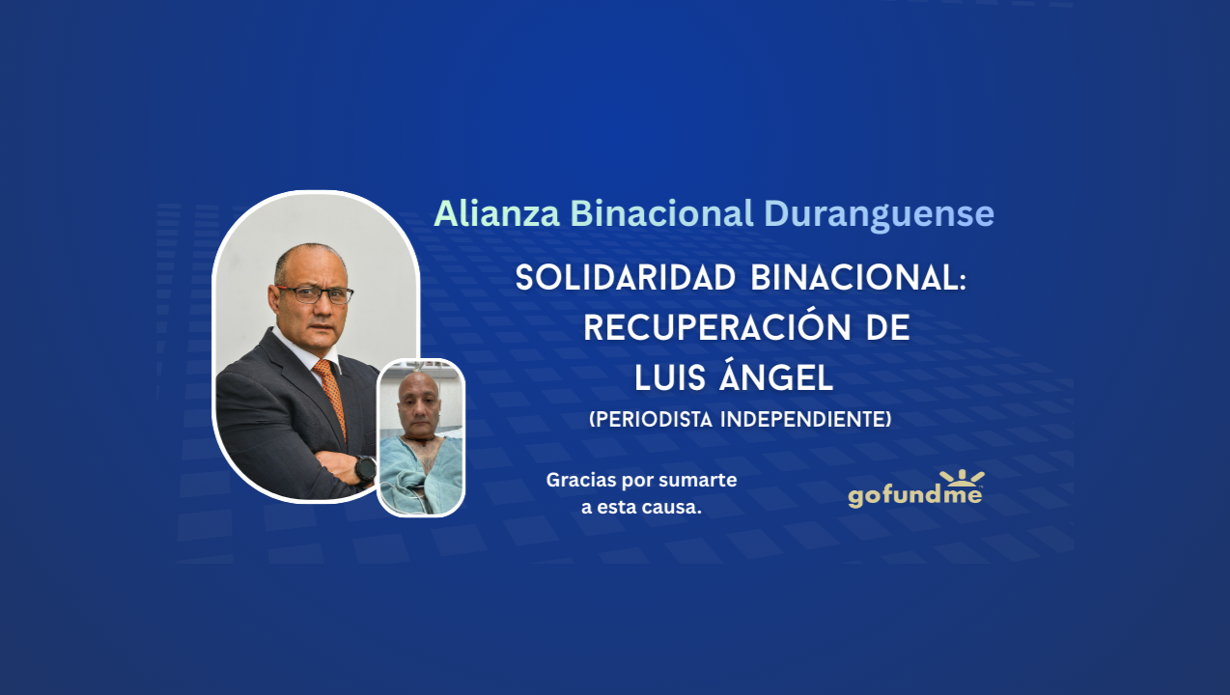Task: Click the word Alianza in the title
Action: point(496,213)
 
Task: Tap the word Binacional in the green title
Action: point(661,213)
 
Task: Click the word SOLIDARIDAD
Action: point(625,278)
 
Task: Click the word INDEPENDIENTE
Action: point(805,420)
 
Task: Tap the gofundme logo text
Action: point(915,496)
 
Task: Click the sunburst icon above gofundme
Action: point(962,478)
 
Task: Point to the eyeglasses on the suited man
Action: point(314,294)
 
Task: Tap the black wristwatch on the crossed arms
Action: point(365,469)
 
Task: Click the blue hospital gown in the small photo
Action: point(421,474)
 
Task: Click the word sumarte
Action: point(697,480)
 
